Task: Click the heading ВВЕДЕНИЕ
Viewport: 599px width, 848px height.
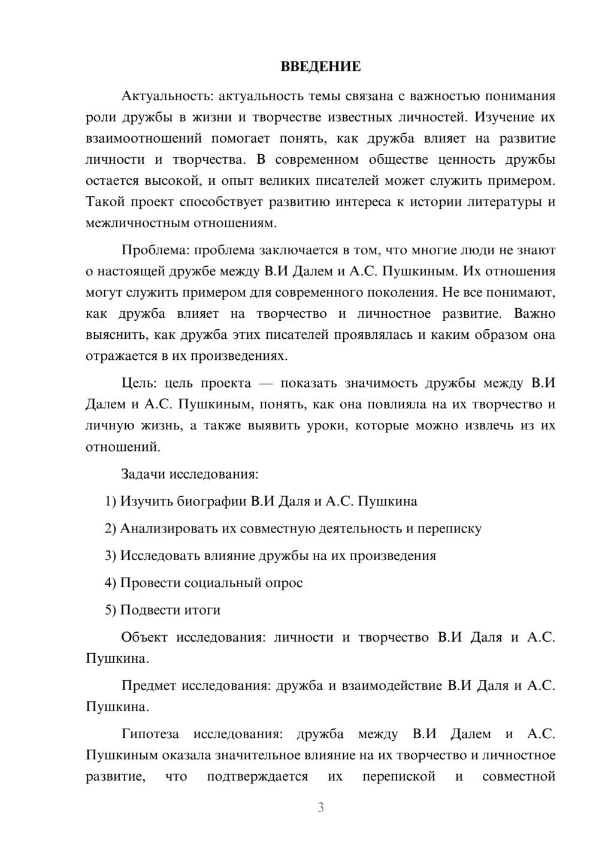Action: coord(320,67)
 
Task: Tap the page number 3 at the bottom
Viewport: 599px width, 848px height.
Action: coord(320,807)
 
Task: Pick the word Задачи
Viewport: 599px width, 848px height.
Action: coord(143,474)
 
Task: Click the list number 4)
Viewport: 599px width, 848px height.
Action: coord(110,583)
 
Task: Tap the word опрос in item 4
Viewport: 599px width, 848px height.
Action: coord(284,583)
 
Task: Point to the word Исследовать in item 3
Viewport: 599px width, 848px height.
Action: coord(154,556)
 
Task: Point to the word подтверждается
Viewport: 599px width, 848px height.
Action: coord(258,777)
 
